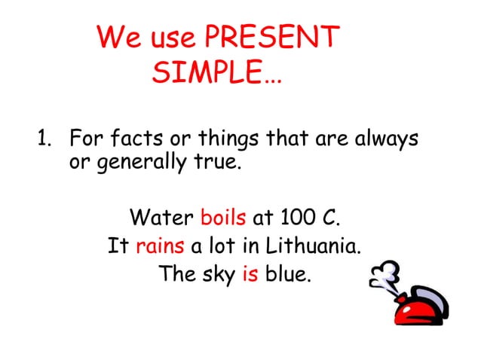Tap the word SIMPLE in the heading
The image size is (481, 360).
(215, 75)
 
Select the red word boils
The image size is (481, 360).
(223, 218)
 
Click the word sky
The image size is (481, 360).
(219, 274)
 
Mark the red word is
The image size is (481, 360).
(250, 273)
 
